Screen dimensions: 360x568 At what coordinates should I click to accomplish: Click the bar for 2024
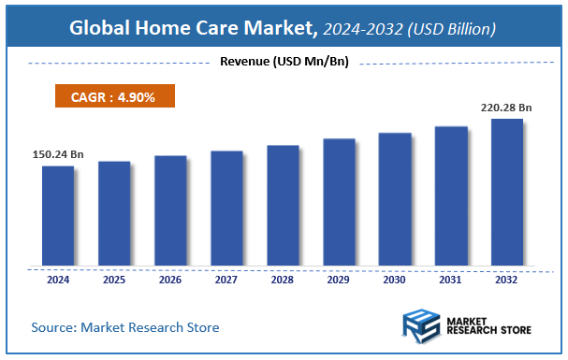[57, 215]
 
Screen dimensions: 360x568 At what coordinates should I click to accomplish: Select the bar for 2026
[169, 209]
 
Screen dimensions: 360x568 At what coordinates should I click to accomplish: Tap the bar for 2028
[282, 205]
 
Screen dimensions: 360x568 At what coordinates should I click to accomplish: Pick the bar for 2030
[394, 198]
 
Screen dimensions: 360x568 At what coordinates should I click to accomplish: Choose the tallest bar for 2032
[506, 192]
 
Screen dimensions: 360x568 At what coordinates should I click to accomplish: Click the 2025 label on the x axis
[113, 279]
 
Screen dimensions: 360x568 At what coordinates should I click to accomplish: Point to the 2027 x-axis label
[226, 279]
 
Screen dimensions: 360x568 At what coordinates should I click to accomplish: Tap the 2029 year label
[338, 279]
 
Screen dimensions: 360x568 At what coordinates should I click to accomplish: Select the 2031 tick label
[450, 279]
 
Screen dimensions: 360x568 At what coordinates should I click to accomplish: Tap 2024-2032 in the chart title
[360, 30]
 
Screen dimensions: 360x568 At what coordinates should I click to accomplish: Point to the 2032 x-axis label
[506, 279]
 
